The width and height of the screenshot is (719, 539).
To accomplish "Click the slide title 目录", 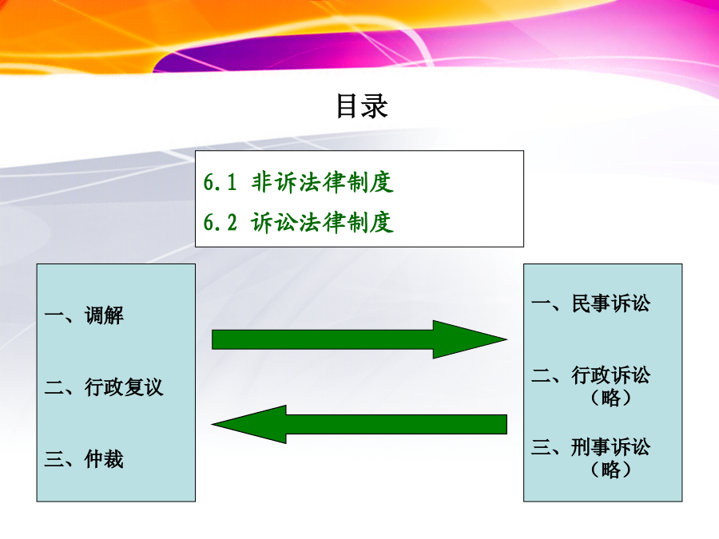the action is point(362,106).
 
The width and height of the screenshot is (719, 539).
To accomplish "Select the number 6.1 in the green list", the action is point(220,182).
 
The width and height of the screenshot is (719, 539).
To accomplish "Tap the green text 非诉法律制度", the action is point(323,182).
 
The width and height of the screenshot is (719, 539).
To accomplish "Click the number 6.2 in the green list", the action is point(220,223).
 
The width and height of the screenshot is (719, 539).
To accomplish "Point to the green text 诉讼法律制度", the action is point(323,222).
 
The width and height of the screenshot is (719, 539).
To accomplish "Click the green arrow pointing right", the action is point(359,339).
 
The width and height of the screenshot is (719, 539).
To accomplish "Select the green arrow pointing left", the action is point(359,425).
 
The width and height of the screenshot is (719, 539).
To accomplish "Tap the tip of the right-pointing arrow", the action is point(507,339).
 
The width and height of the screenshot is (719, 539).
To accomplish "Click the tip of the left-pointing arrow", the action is point(212,425).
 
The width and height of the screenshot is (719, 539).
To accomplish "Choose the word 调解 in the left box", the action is point(104,315).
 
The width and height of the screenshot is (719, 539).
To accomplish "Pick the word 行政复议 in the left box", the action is point(124,387).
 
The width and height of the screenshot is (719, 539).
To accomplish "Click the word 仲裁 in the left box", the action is point(104,459).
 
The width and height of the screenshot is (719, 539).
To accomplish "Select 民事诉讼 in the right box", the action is point(611,303).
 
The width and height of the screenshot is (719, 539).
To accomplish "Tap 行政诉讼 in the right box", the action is point(611,375).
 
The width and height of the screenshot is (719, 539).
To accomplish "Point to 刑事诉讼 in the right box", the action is point(611,447).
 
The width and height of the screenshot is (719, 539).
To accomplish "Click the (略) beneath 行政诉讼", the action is point(611,398).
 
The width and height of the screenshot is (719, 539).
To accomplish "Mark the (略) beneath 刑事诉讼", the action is point(611,470).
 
